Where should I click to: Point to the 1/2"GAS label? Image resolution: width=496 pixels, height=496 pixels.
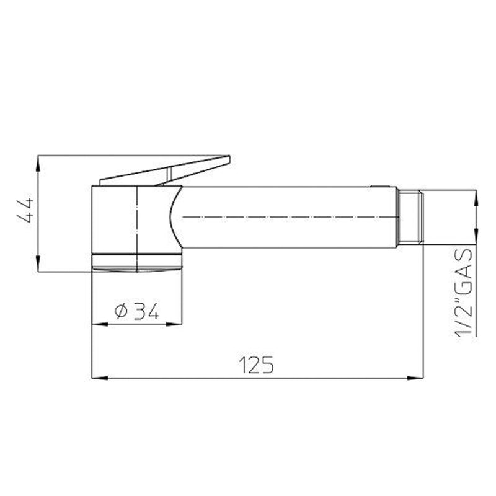(x=465, y=292)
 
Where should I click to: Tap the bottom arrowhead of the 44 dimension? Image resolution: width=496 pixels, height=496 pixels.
(x=38, y=265)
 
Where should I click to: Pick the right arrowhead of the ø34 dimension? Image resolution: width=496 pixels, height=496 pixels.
(x=177, y=324)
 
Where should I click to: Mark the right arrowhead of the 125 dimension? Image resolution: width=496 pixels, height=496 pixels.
(x=417, y=377)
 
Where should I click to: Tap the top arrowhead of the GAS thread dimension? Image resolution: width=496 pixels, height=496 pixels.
(x=476, y=197)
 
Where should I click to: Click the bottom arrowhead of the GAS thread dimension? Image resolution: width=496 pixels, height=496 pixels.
(x=476, y=239)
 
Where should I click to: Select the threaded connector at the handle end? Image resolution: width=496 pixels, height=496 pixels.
(x=410, y=218)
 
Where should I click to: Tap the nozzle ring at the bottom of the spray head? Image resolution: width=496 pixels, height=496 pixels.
(x=136, y=260)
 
